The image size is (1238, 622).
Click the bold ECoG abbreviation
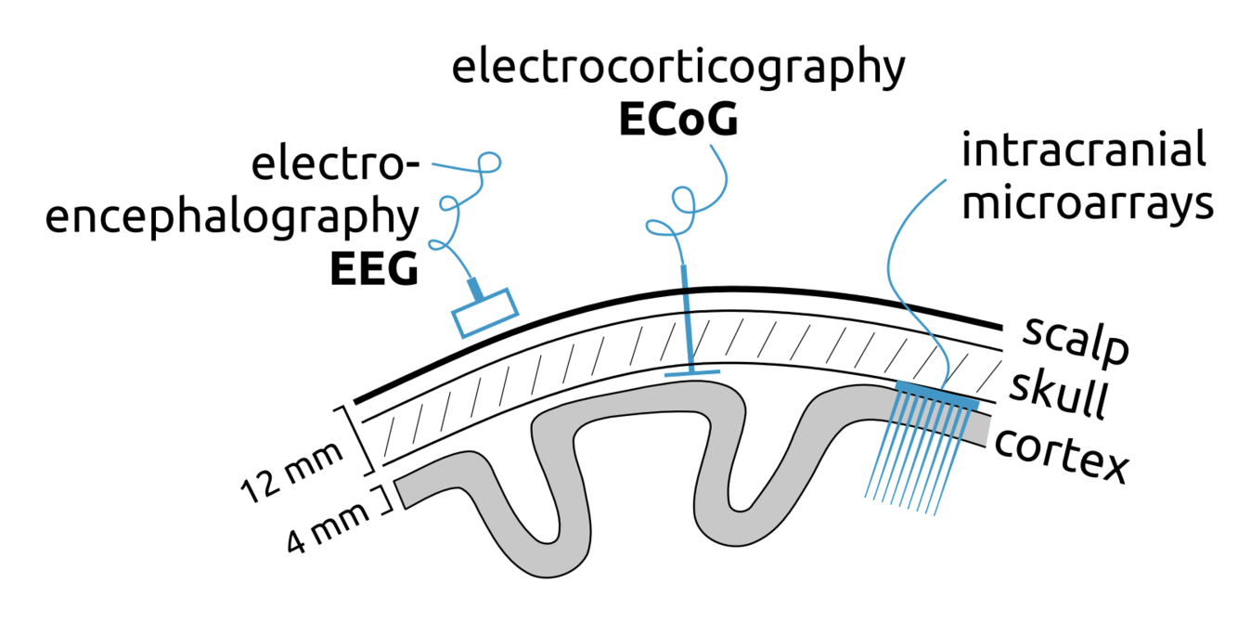tap(677, 121)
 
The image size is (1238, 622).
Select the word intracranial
tap(1084, 151)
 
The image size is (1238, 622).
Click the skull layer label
tap(1058, 397)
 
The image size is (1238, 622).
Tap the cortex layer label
tap(1060, 455)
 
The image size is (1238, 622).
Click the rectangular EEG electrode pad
tap(484, 313)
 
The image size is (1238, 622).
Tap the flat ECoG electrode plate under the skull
tap(691, 372)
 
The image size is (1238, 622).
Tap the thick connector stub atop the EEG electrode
tap(474, 289)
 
